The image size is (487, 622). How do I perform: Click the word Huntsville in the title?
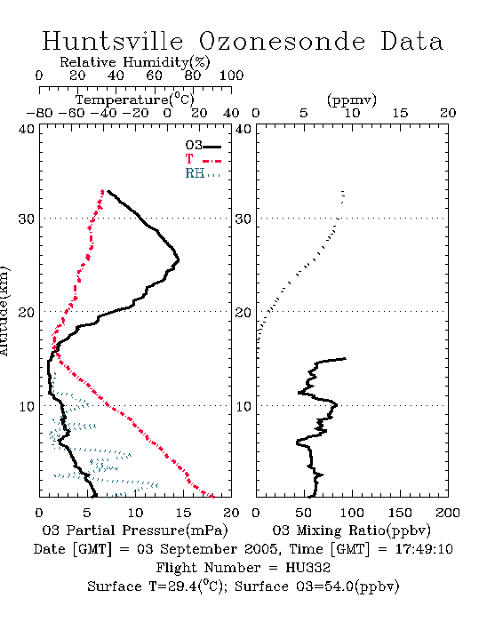pyautogui.click(x=113, y=41)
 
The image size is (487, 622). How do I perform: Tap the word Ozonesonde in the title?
pyautogui.click(x=282, y=41)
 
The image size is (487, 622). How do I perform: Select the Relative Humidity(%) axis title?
pyautogui.click(x=135, y=62)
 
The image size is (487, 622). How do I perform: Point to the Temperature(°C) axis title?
pyautogui.click(x=135, y=100)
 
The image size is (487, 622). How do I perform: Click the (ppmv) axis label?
pyautogui.click(x=352, y=100)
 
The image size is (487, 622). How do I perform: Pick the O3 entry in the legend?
pyautogui.click(x=203, y=145)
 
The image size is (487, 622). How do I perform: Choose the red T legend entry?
pyautogui.click(x=203, y=159)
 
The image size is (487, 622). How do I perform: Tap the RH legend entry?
pyautogui.click(x=203, y=173)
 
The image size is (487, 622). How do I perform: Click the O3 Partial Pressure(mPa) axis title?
pyautogui.click(x=135, y=530)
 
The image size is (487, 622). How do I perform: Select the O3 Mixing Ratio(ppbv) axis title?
pyautogui.click(x=351, y=530)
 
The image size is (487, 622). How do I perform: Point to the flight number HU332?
pyautogui.click(x=307, y=568)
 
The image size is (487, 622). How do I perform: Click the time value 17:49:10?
pyautogui.click(x=424, y=549)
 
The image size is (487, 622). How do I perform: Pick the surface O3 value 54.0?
pyautogui.click(x=338, y=586)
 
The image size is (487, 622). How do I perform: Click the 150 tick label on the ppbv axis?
pyautogui.click(x=400, y=513)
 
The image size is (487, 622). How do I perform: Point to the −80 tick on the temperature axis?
pyautogui.click(x=39, y=113)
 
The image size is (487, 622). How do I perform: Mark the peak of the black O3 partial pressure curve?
pyautogui.click(x=179, y=260)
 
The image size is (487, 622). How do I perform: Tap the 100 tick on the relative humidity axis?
pyautogui.click(x=231, y=76)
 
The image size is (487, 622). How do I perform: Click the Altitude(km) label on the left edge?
pyautogui.click(x=4, y=311)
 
